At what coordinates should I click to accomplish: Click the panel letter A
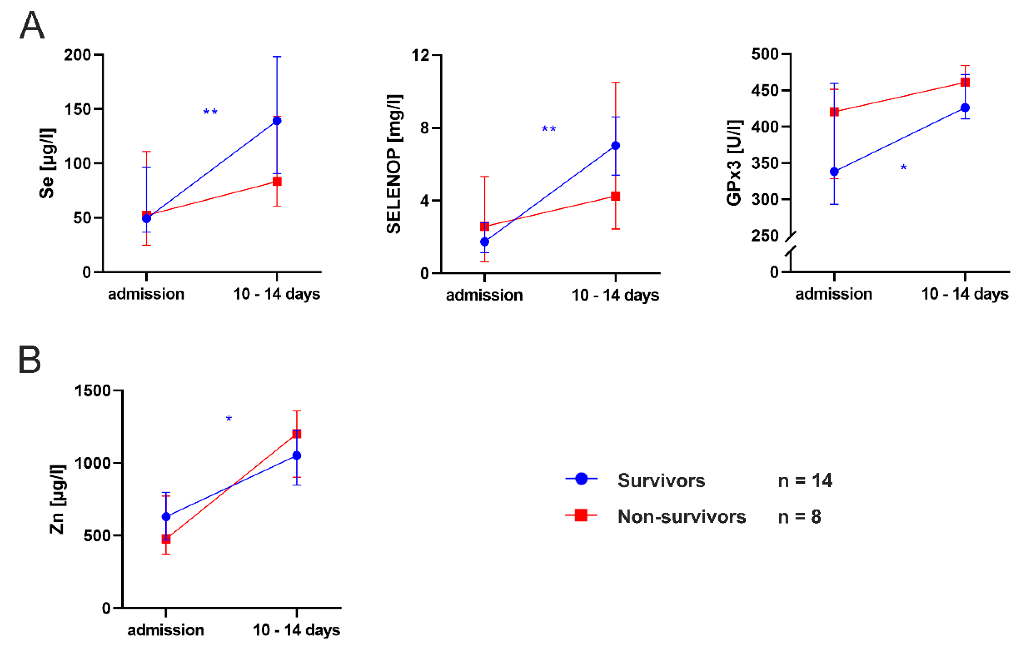pos(32,25)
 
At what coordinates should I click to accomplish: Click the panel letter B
pos(30,359)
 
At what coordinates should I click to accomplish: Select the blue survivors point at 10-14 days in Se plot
pos(277,121)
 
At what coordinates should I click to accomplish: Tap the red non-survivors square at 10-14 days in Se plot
pos(277,182)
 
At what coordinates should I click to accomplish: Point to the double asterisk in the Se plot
pos(210,112)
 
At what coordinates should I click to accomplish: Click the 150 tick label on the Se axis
pos(77,109)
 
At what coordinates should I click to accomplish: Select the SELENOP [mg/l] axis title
pos(394,164)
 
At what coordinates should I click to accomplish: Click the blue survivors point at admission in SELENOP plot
pos(484,242)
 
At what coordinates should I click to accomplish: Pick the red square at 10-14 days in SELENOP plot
pos(616,196)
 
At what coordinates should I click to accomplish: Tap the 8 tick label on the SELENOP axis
pos(424,128)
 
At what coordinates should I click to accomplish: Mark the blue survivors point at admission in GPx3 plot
pos(834,172)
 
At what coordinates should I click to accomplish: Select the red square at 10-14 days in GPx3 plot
pos(965,82)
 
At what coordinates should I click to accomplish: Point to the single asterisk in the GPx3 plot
pos(903,168)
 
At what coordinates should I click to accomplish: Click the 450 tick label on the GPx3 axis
pos(765,91)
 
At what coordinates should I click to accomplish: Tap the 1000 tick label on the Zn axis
pos(92,463)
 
